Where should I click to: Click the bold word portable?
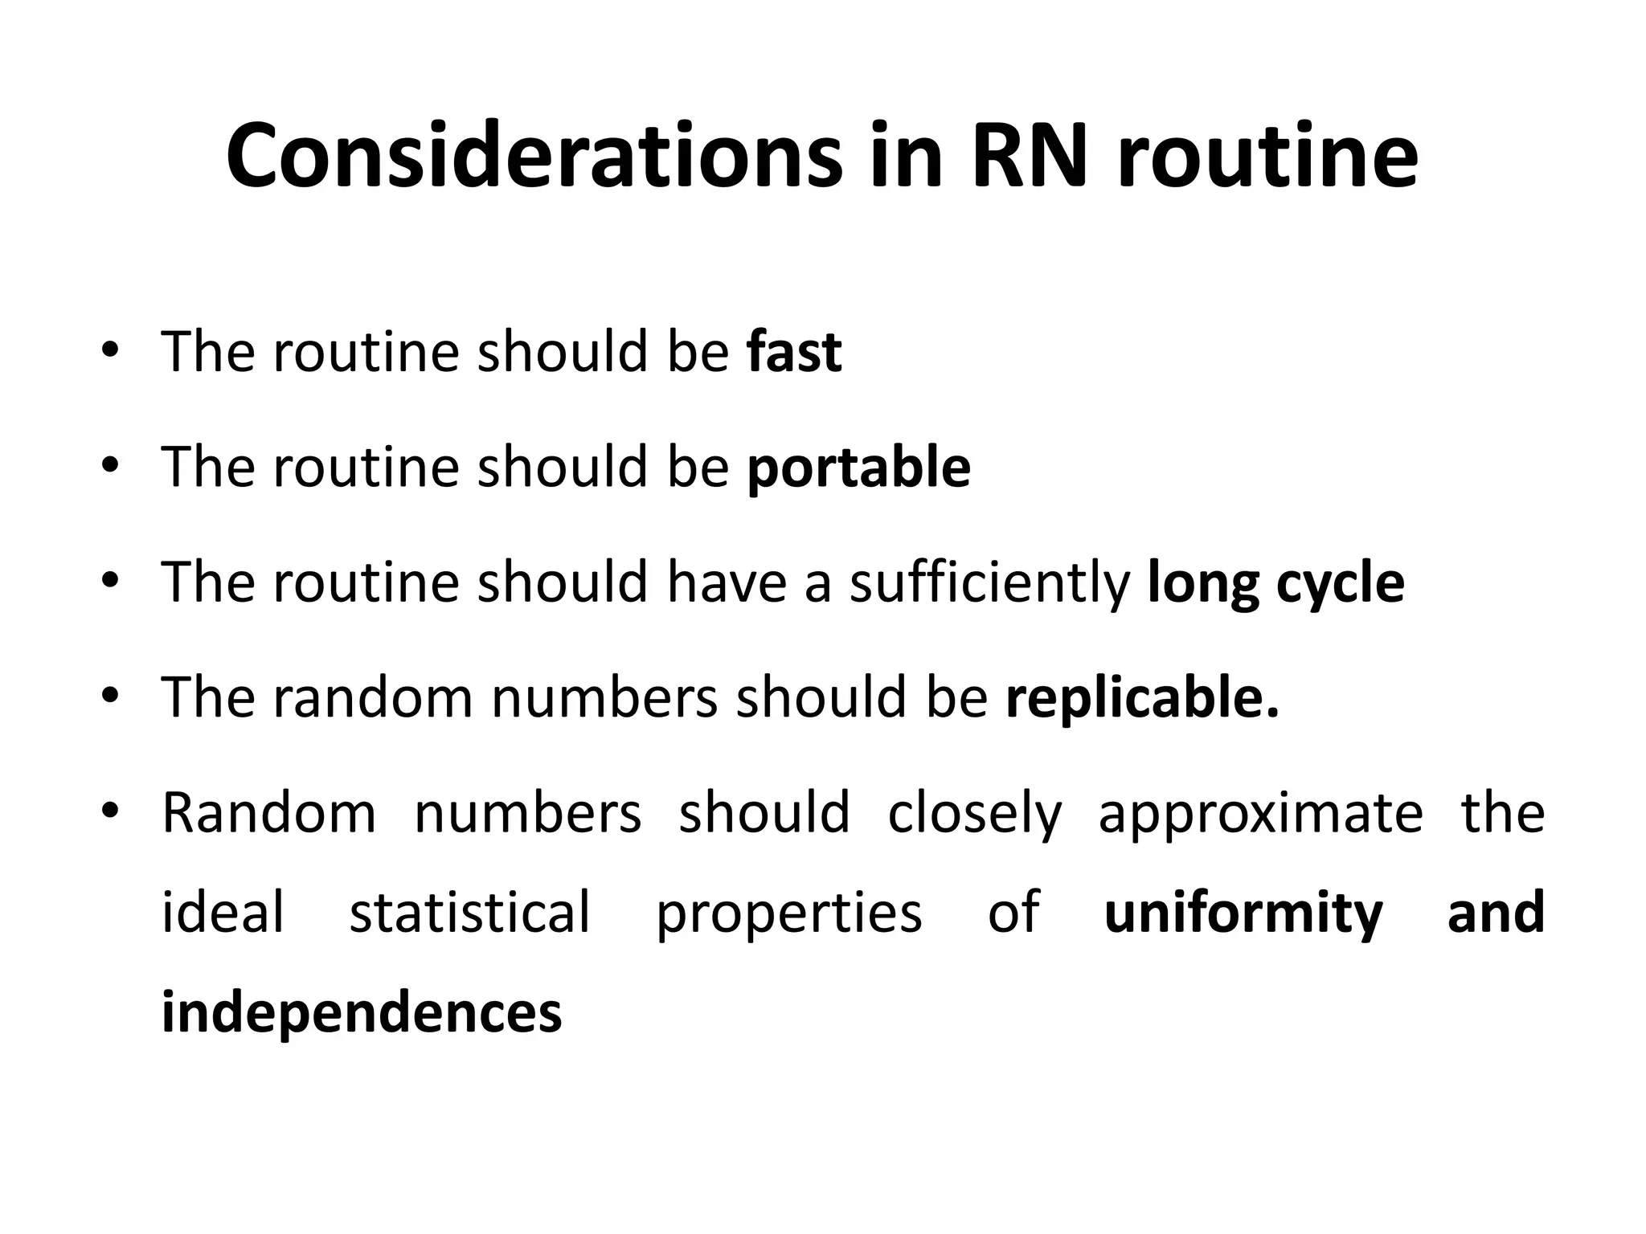pyautogui.click(x=858, y=468)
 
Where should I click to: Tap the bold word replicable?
pyautogui.click(x=1141, y=698)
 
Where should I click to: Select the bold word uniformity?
pyautogui.click(x=1243, y=913)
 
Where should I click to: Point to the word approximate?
pyautogui.click(x=1260, y=814)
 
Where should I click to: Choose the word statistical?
pyautogui.click(x=470, y=913)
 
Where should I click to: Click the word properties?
pyautogui.click(x=789, y=914)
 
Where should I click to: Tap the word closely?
pyautogui.click(x=974, y=814)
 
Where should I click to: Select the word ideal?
pyautogui.click(x=223, y=913)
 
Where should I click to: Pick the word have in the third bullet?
pyautogui.click(x=727, y=583)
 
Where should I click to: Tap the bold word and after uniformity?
pyautogui.click(x=1496, y=913)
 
